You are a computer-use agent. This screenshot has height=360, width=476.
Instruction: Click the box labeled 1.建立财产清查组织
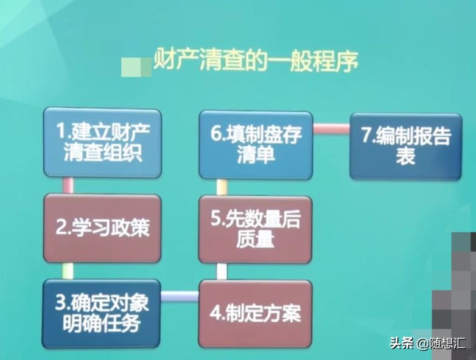coord(102,144)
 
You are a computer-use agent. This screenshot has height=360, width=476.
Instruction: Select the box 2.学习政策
coord(102,227)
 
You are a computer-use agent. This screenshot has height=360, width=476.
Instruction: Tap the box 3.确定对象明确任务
coord(102,314)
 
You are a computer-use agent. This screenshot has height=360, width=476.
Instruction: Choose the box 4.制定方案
coord(255,314)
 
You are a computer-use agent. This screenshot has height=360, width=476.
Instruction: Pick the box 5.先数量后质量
coord(255,230)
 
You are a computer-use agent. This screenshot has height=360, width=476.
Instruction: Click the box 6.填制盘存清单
coord(255,145)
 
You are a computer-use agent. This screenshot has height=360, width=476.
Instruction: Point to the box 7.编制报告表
coord(405,146)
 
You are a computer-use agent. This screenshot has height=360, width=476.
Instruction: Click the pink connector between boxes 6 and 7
coord(331,129)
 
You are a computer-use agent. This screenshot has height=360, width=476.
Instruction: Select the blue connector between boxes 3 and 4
coord(180,296)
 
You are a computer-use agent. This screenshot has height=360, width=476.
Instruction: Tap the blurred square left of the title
coord(136,66)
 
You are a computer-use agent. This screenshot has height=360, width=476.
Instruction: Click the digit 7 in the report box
coord(366,136)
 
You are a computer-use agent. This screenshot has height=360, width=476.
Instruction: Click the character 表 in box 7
coord(405,156)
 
